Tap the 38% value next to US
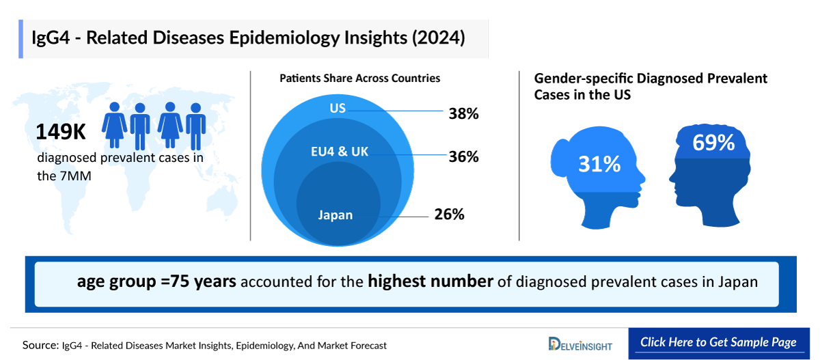[x=463, y=113]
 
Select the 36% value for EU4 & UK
[x=463, y=156]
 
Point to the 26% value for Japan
[x=449, y=214]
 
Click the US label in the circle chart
[x=338, y=109]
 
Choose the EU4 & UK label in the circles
[x=340, y=152]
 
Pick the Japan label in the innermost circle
[x=335, y=214]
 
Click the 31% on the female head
[x=599, y=164]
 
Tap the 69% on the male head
[x=713, y=143]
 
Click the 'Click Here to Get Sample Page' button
[x=718, y=342]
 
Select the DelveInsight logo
[x=580, y=344]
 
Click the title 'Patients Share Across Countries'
[x=359, y=79]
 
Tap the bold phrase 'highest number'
[x=430, y=281]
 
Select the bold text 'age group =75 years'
[x=156, y=281]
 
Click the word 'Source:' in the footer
[x=38, y=346]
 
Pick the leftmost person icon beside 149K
[x=114, y=126]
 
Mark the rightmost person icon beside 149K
[x=196, y=126]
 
